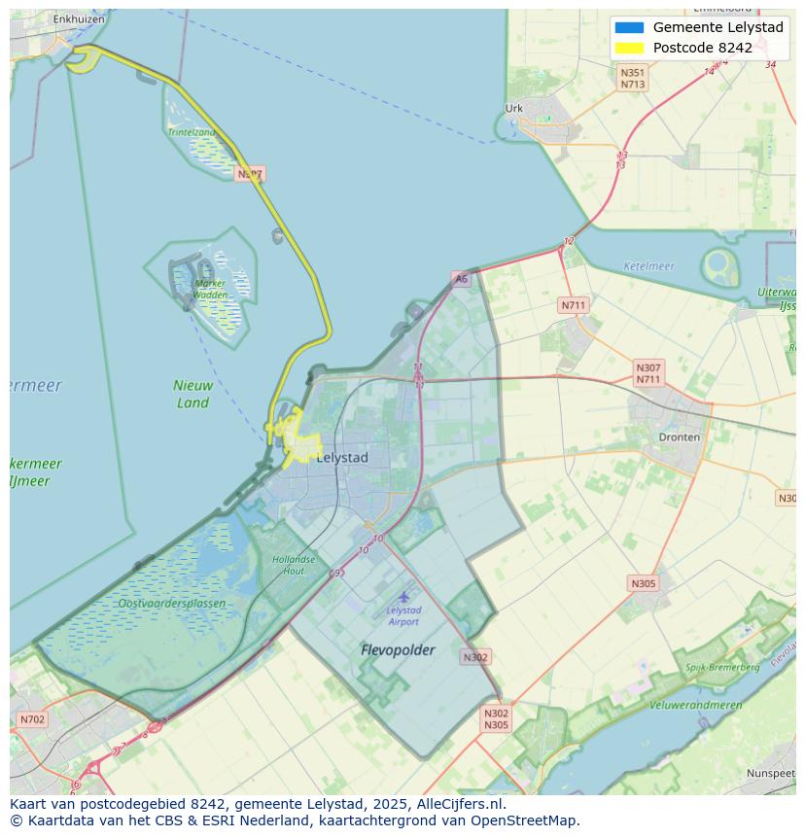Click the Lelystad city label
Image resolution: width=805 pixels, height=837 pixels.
point(342,457)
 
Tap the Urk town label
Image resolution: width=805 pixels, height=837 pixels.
point(514,109)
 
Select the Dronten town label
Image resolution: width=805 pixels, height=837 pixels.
point(679,437)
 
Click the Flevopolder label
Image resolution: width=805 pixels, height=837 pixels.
point(398,649)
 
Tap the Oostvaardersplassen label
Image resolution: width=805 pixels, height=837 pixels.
point(171,604)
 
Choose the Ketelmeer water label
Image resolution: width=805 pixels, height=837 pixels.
point(648,266)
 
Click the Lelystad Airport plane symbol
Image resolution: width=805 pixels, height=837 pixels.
point(403,596)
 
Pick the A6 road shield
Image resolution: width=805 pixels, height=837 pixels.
point(461,279)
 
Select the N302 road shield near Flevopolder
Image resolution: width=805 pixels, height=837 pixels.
point(475,657)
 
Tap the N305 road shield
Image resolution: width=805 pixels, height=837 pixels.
point(643,583)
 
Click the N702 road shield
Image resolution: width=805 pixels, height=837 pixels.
point(31,720)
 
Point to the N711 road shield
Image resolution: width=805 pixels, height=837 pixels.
point(574,305)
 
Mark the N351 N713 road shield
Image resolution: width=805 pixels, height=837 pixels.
point(633,78)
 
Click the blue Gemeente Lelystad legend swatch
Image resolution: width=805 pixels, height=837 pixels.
point(629,27)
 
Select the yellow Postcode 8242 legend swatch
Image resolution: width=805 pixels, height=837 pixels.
point(629,48)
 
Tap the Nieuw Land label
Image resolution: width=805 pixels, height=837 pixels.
point(192,394)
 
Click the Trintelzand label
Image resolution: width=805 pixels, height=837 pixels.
point(191,132)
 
